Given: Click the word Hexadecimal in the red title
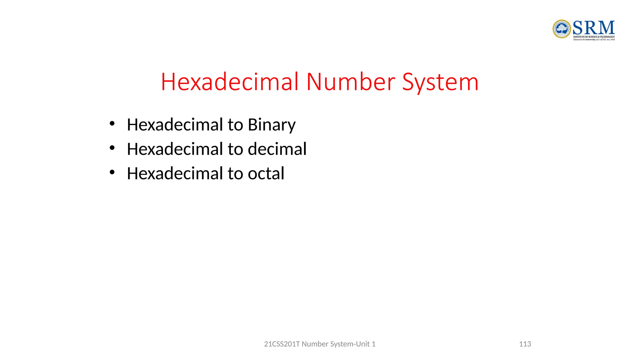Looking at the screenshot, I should pyautogui.click(x=230, y=82).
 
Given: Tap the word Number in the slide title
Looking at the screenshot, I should pyautogui.click(x=351, y=82).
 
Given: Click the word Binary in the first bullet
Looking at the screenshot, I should pyautogui.click(x=271, y=125).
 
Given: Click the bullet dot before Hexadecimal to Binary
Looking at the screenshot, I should pyautogui.click(x=112, y=123).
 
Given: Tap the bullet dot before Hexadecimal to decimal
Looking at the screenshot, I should pyautogui.click(x=112, y=148).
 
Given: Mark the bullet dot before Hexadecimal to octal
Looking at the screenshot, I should pyautogui.click(x=112, y=172).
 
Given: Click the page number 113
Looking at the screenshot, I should pyautogui.click(x=525, y=344).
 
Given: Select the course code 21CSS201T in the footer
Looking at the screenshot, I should pyautogui.click(x=282, y=344).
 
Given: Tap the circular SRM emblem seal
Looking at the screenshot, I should pyautogui.click(x=562, y=29).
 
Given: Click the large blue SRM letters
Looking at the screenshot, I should pyautogui.click(x=593, y=28).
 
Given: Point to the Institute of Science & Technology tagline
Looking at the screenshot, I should pyautogui.click(x=594, y=37).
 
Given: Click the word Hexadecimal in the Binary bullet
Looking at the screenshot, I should pyautogui.click(x=175, y=125).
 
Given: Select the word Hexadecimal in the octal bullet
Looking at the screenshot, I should pyautogui.click(x=175, y=173).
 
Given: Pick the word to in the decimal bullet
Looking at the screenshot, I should pyautogui.click(x=235, y=149).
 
